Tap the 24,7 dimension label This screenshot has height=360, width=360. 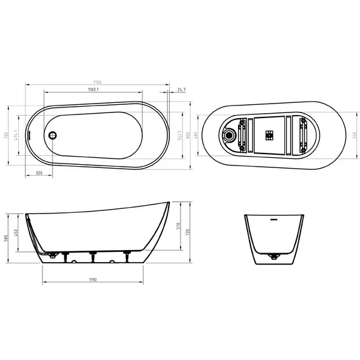[x=182, y=90]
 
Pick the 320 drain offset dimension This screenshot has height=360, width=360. [x=39, y=172]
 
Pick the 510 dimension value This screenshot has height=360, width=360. [x=179, y=225]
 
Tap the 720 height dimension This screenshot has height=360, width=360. [x=188, y=232]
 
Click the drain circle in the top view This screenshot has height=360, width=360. [x=53, y=134]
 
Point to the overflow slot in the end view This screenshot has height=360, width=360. [x=274, y=220]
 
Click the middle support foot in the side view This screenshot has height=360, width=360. [x=93, y=255]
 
